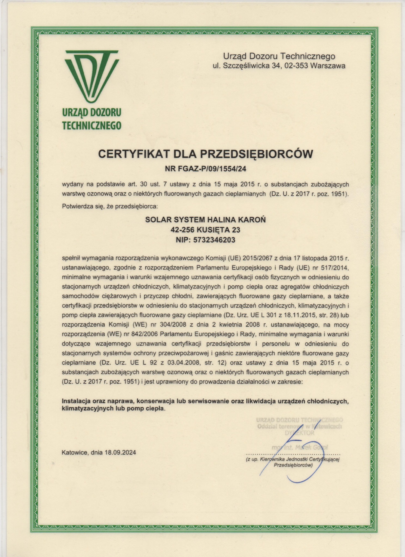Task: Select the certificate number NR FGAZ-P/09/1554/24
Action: tap(205, 169)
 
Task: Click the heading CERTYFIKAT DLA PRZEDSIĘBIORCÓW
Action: tap(206, 154)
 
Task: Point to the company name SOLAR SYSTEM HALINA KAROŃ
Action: tap(205, 220)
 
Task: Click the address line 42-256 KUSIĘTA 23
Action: tap(205, 230)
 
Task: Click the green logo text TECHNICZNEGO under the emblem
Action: tap(92, 125)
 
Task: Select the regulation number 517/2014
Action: tap(336, 268)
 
